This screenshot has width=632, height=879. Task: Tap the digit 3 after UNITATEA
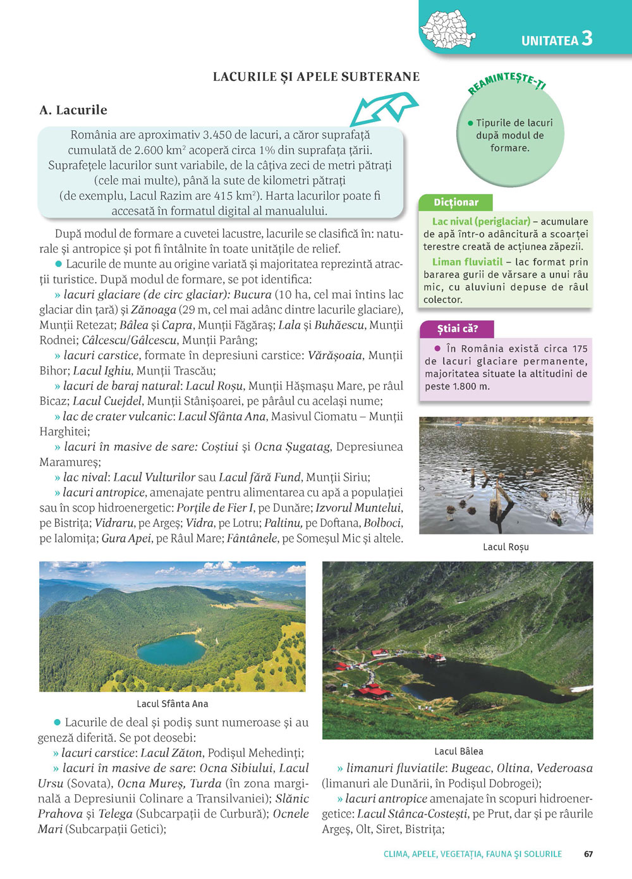point(587,39)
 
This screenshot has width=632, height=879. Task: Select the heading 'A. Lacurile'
point(73,110)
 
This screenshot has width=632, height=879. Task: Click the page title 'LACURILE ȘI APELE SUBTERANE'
point(316,77)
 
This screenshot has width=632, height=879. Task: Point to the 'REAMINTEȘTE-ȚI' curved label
point(507,83)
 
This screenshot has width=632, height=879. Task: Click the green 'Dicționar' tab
point(456,202)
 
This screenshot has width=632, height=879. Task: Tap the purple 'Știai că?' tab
point(457,329)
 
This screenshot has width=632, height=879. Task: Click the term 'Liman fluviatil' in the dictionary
point(467,262)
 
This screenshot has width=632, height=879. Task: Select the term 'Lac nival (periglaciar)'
point(481,221)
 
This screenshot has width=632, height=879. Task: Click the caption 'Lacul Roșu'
point(506,547)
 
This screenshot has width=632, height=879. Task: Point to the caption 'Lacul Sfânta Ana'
point(172,704)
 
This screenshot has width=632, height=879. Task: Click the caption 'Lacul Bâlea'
point(458,751)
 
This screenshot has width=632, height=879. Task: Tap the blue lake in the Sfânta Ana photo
point(171,650)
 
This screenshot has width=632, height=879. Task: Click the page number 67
point(588,854)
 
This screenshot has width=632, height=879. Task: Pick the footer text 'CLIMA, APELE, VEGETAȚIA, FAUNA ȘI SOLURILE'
point(472,854)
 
